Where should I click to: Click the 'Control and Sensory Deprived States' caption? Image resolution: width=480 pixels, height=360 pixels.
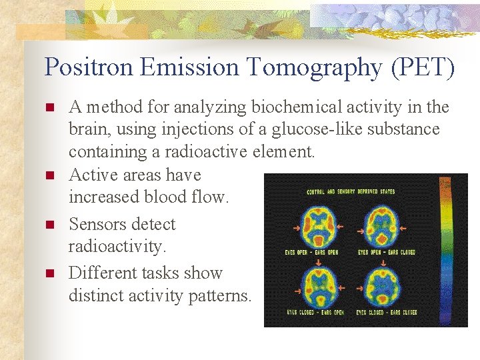[x=350, y=192]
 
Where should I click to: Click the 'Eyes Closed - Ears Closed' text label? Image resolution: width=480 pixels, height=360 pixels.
[x=386, y=312]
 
